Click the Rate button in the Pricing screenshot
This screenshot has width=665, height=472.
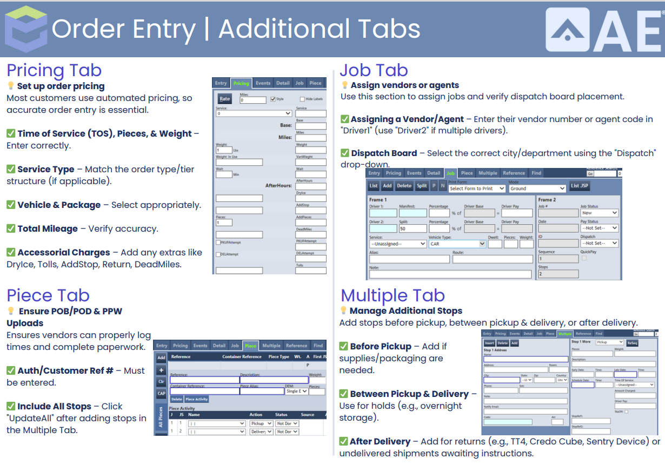tap(224, 99)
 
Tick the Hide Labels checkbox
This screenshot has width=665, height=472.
tap(302, 99)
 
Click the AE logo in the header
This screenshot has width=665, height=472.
tap(603, 30)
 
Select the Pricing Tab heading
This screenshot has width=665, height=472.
tap(54, 70)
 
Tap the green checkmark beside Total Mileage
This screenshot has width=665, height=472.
tap(11, 228)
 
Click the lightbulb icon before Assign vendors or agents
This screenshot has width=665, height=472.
tap(344, 85)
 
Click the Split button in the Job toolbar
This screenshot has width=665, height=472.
tap(422, 186)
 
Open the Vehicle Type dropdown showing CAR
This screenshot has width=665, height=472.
tap(457, 244)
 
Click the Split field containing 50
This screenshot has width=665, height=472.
tap(412, 228)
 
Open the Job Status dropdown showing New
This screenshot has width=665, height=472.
tap(599, 213)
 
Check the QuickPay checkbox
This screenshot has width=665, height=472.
tap(583, 258)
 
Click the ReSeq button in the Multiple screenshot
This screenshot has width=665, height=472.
tap(632, 342)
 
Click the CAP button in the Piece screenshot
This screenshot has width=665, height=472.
tap(161, 394)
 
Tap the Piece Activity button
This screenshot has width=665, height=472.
tap(197, 399)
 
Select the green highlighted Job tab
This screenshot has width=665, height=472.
tap(450, 173)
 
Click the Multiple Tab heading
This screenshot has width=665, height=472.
tap(393, 295)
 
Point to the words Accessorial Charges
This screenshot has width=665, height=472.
tap(64, 252)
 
